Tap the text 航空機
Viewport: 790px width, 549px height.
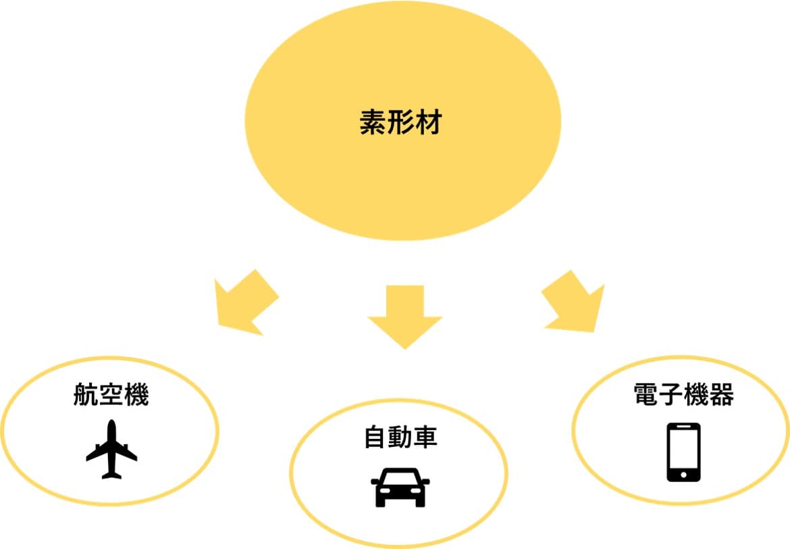111,396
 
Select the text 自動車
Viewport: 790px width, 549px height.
400,437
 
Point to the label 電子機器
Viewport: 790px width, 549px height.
683,394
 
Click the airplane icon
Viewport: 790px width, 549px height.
111,450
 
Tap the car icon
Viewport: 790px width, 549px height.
400,487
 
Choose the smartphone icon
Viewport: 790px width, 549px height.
683,452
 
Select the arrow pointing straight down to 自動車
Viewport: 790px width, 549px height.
404,315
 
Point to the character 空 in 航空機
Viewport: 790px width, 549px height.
111,396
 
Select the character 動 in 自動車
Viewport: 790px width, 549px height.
400,437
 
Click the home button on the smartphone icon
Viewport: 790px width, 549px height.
683,475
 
